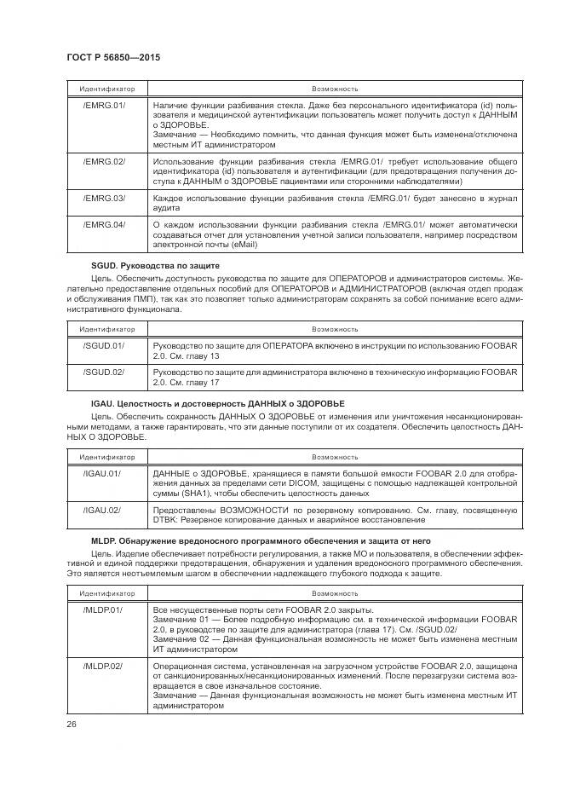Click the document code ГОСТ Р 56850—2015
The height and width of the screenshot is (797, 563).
pyautogui.click(x=113, y=56)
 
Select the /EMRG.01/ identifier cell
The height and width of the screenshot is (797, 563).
pyautogui.click(x=104, y=105)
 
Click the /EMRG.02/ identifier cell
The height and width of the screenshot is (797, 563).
pyautogui.click(x=104, y=161)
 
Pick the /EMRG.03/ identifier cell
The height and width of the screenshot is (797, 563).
pyautogui.click(x=104, y=198)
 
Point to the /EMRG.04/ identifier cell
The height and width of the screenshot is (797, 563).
pyautogui.click(x=104, y=225)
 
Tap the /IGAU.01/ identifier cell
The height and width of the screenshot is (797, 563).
pyautogui.click(x=102, y=473)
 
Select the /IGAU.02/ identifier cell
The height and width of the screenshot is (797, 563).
pyautogui.click(x=102, y=510)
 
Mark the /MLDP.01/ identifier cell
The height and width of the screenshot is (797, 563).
pyautogui.click(x=104, y=610)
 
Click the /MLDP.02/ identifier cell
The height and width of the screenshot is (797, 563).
pyautogui.click(x=104, y=664)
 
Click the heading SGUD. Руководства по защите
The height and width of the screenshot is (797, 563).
pyautogui.click(x=151, y=267)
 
